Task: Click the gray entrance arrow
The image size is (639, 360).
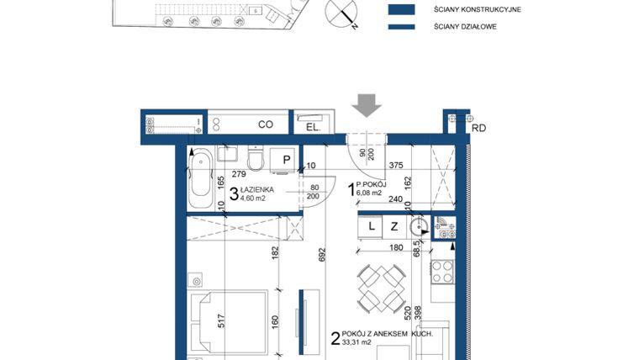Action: (367, 105)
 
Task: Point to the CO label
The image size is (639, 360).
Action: (266, 124)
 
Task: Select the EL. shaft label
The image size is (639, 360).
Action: (311, 127)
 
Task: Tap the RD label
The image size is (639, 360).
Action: (479, 129)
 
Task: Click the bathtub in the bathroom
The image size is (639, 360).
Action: (200, 179)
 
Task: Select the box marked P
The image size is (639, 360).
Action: (286, 159)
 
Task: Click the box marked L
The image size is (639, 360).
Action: (371, 226)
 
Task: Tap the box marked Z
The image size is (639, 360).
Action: (393, 226)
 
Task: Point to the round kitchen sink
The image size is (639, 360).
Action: (419, 226)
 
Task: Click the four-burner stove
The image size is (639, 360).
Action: (441, 270)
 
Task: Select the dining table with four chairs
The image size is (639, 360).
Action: (376, 289)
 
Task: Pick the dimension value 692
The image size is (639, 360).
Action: (321, 257)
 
